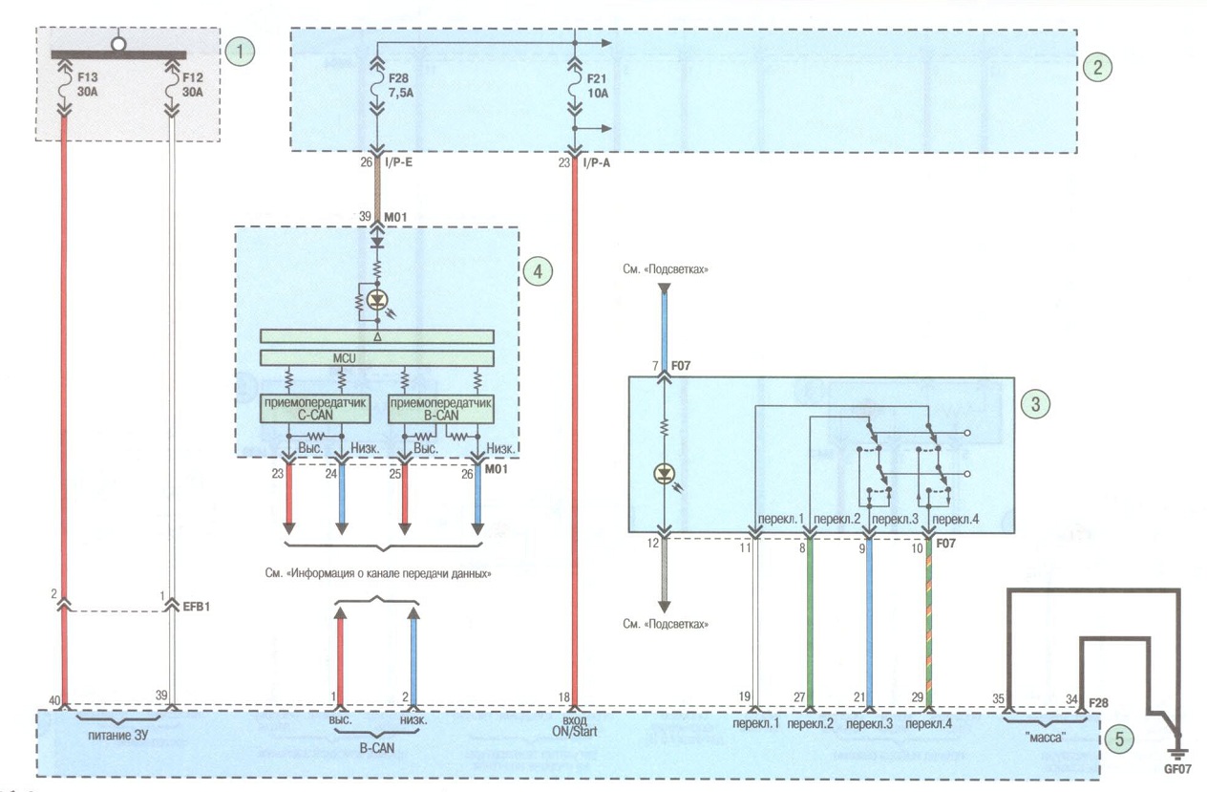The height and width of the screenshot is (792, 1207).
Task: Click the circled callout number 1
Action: point(240,52)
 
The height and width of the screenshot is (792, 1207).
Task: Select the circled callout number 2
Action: point(1097,68)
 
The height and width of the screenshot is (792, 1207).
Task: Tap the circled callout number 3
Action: point(1035,404)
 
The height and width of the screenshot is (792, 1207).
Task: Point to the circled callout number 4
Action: point(538,271)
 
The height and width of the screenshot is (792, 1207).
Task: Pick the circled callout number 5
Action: point(1119,739)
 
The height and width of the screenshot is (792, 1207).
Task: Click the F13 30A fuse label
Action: point(87,85)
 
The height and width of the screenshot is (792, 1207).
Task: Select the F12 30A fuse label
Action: point(192,85)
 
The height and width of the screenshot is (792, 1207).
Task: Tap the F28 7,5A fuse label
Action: point(400,86)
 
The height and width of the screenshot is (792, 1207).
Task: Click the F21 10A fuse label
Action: point(597,86)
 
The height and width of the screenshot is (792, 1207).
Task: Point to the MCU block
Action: point(377,358)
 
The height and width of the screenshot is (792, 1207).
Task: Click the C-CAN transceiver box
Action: point(315,409)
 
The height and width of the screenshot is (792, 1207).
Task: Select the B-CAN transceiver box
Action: point(441,409)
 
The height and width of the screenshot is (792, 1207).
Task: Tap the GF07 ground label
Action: point(1177,769)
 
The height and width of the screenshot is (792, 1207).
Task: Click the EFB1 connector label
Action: point(196,607)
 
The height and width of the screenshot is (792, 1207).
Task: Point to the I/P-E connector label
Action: point(399,162)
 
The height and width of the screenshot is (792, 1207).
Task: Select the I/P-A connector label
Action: point(596,162)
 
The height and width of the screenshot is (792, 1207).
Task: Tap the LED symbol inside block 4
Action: point(377,299)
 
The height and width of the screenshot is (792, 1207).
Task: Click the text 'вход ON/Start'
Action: point(575,726)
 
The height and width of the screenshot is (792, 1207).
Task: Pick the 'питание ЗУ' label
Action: point(117,736)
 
